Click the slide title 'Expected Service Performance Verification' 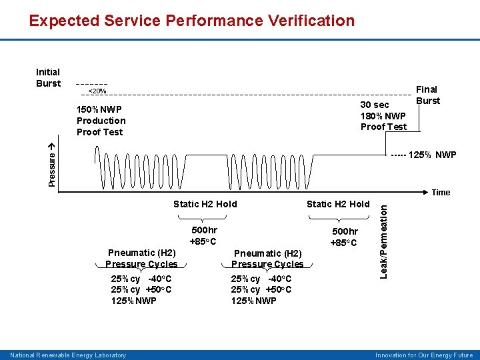tap(192, 21)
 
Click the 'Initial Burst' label tap(48, 77)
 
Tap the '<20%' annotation tap(97, 91)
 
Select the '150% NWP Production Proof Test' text tap(101, 121)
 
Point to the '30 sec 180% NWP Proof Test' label tap(383, 116)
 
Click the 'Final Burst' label tap(427, 95)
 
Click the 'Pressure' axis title tap(53, 165)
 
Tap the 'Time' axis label tap(441, 193)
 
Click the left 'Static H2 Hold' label tap(205, 204)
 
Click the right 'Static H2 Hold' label tap(337, 204)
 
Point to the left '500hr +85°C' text tap(203, 235)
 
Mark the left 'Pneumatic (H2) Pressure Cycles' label tap(141, 259)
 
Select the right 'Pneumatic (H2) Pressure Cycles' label tap(267, 259)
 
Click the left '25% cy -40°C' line tap(141, 279)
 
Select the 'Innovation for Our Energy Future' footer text tap(424, 355)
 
